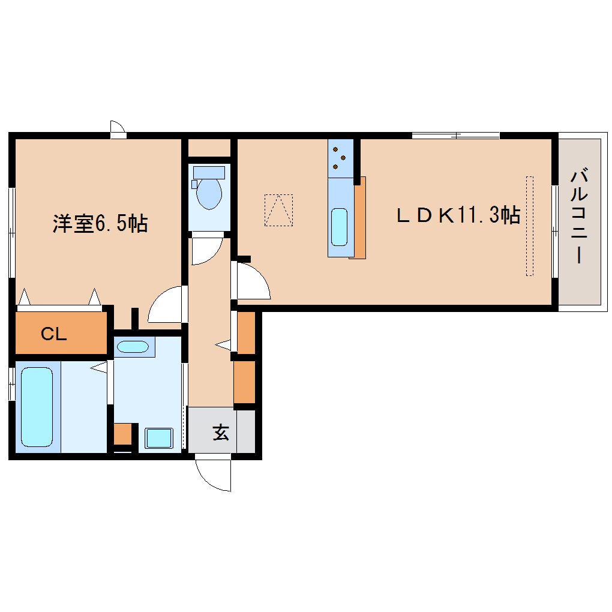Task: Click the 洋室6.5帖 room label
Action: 100,224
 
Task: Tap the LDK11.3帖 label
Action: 457,215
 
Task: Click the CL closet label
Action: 54,334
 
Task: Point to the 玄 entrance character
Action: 221,432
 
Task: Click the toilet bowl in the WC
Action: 209,194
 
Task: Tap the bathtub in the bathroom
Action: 37,406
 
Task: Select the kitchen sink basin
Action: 339,227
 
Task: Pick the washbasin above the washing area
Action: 133,347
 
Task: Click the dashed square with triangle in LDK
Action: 278,210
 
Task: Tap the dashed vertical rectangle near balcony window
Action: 529,226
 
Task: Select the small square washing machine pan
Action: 159,438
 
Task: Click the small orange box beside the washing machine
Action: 122,434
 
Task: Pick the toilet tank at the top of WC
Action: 209,173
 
